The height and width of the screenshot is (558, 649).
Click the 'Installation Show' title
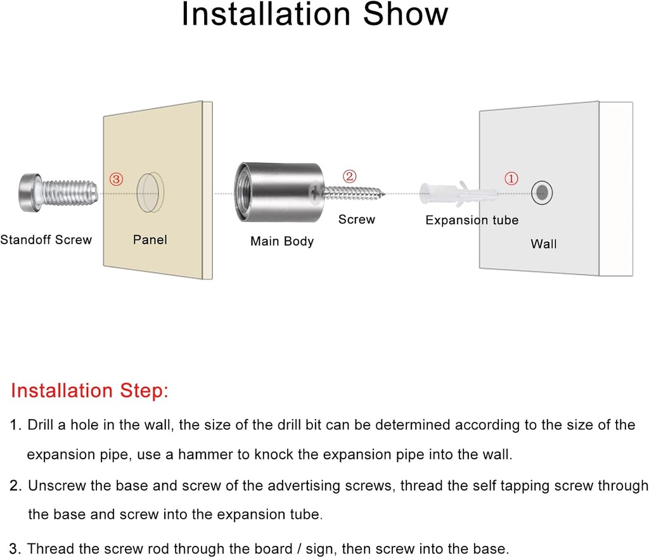pyautogui.click(x=315, y=15)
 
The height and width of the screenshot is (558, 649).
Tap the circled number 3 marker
pyautogui.click(x=117, y=179)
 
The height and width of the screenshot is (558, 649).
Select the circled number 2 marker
pyautogui.click(x=350, y=176)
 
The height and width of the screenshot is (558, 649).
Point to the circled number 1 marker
pyautogui.click(x=511, y=178)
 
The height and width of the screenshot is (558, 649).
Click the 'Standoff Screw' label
pyautogui.click(x=46, y=240)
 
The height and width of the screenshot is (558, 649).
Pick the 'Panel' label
pyautogui.click(x=150, y=240)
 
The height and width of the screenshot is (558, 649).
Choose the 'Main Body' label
pyautogui.click(x=282, y=242)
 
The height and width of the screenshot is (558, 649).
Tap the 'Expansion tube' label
pyautogui.click(x=472, y=220)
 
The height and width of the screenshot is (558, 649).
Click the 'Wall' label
pyautogui.click(x=543, y=244)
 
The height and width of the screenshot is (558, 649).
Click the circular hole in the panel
pyautogui.click(x=150, y=193)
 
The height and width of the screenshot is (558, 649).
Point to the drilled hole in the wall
pyautogui.click(x=542, y=193)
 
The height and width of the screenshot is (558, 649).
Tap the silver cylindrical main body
pyautogui.click(x=280, y=192)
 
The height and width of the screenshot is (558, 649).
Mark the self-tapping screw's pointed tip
pyautogui.click(x=384, y=193)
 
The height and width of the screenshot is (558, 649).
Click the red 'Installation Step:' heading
pyautogui.click(x=90, y=391)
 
